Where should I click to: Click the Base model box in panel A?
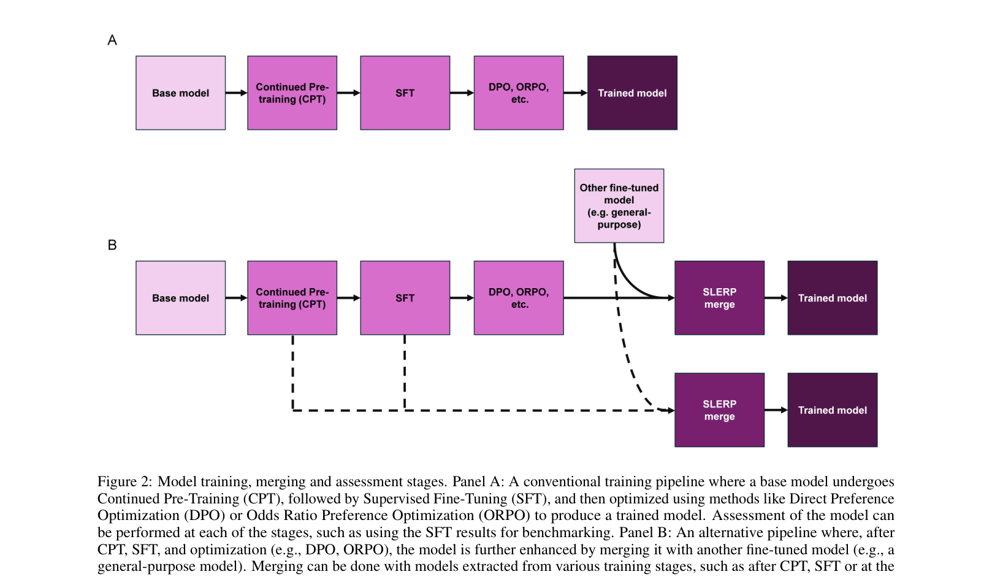[180, 93]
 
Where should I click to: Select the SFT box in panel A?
[405, 93]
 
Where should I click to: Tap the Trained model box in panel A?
[632, 93]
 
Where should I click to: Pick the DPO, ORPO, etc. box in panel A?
[518, 93]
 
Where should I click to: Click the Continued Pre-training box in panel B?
[292, 298]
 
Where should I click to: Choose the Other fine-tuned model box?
[619, 206]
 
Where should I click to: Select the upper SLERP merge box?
[719, 298]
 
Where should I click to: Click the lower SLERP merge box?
[719, 410]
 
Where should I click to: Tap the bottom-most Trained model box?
[832, 410]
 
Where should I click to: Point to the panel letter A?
[112, 40]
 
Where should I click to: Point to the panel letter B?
[112, 245]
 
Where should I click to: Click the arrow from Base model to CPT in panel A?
[236, 93]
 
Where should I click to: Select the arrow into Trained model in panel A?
[575, 93]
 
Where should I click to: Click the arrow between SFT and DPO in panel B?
[462, 298]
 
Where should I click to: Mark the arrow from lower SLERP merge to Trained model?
[776, 410]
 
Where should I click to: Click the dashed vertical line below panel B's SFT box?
[405, 372]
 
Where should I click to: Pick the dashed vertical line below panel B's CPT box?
[293, 372]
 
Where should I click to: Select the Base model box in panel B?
[180, 298]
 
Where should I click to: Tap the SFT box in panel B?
[405, 298]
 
